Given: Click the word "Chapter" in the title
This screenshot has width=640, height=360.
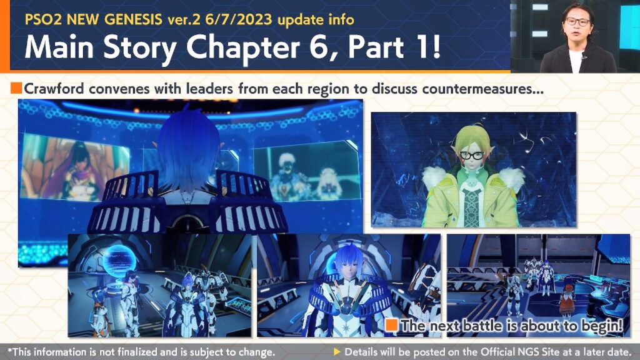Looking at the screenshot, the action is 243,48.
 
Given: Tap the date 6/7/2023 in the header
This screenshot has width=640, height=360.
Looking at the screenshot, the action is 239,19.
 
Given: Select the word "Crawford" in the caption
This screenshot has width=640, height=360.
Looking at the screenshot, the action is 54,89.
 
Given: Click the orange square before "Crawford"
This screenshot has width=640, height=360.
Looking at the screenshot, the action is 16,87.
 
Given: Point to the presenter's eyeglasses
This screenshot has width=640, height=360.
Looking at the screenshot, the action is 577,21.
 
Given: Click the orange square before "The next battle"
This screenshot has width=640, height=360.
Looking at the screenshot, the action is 392,325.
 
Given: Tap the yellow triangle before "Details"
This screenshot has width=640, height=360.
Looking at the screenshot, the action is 337,351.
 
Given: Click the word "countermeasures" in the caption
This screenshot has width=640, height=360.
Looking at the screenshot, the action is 483,89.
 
